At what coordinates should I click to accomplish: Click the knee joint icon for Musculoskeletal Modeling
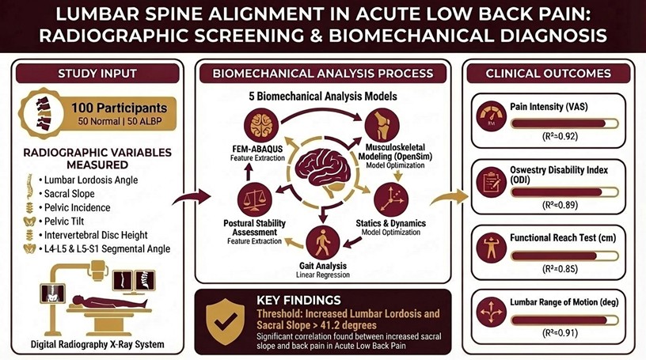click(385, 124)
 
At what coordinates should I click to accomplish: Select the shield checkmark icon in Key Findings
click(225, 318)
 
